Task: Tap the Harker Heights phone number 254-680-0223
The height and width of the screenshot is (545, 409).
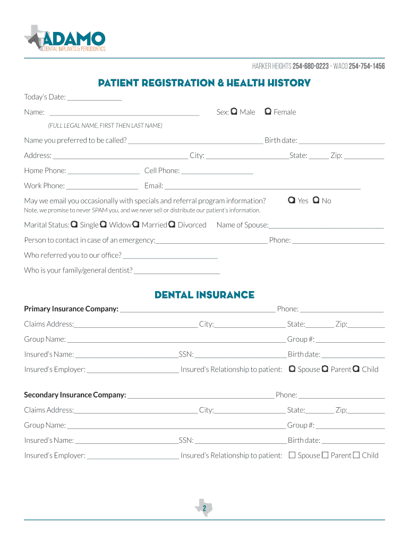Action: coord(310,66)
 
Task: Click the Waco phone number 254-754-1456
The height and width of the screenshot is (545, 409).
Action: coord(367,66)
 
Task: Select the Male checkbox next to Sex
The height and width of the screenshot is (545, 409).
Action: coord(234,112)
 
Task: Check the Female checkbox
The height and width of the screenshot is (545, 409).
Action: coord(268,112)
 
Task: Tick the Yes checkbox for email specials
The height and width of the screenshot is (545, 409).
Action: coord(292,201)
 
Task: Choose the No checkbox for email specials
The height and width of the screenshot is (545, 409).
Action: coord(316,201)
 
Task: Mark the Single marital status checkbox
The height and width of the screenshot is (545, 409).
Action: coord(74,225)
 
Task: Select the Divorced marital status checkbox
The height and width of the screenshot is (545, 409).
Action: coord(172,225)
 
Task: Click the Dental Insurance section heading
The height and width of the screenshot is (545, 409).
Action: coord(204,295)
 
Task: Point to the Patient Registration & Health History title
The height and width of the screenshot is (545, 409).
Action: coord(204,83)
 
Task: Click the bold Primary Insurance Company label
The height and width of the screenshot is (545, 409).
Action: coord(71,309)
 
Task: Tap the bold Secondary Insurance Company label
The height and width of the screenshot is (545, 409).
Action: coord(75,395)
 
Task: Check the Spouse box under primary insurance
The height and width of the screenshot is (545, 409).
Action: coord(292,369)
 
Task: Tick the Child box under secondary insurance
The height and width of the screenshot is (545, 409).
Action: coord(356,455)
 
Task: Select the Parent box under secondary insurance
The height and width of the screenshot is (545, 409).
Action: coord(325,455)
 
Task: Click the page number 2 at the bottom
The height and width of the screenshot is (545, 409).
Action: coord(204,509)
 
